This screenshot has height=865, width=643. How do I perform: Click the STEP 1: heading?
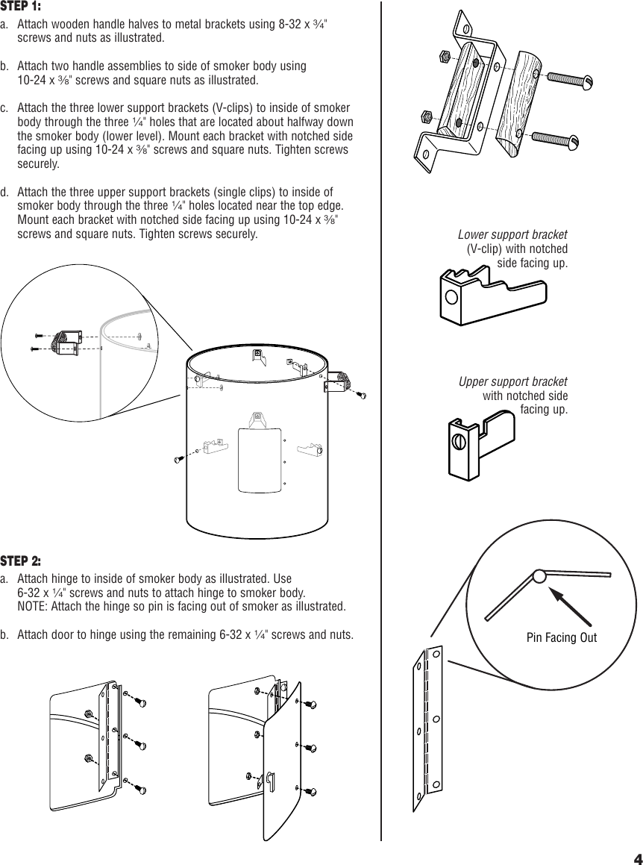[x=21, y=7]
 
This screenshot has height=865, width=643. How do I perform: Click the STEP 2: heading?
[x=21, y=560]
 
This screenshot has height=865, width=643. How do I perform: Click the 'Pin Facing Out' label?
[x=561, y=637]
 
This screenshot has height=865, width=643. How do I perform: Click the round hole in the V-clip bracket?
[x=451, y=299]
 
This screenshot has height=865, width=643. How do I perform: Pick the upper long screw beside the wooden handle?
[x=569, y=78]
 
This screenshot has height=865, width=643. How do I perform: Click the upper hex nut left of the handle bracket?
[x=442, y=56]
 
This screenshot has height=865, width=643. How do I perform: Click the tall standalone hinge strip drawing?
[x=428, y=728]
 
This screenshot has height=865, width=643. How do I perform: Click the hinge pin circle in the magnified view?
[x=539, y=575]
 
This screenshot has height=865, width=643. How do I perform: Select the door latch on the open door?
[x=270, y=781]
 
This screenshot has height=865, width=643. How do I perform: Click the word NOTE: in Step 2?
[x=33, y=605]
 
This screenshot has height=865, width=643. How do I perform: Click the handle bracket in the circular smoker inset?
[x=66, y=342]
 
